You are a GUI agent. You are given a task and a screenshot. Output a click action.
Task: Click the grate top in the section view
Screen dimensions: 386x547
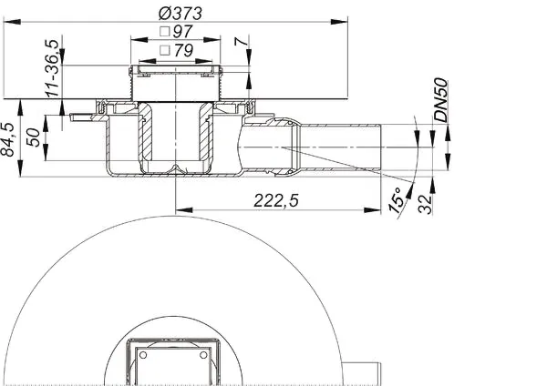172,69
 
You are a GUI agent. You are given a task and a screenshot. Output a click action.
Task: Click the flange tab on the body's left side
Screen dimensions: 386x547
80,116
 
